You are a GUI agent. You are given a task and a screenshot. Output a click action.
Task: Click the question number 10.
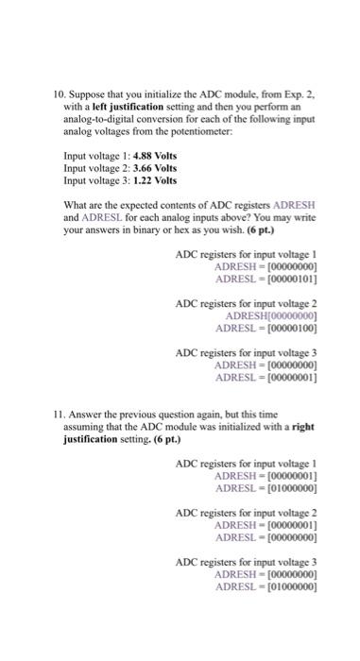point(59,95)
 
